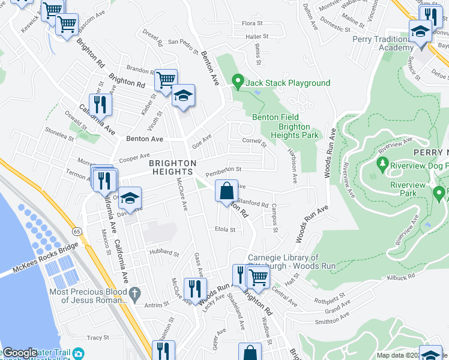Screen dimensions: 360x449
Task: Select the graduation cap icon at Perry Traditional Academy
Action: [421, 31]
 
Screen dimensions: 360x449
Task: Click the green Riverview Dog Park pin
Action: [382, 163]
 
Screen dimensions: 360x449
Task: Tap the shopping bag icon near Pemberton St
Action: [226, 191]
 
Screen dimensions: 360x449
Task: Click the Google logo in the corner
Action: [19, 352]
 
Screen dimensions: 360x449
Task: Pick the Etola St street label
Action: [224, 229]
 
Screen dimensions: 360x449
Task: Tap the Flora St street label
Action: [249, 23]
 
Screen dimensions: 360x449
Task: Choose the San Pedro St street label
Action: [182, 42]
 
